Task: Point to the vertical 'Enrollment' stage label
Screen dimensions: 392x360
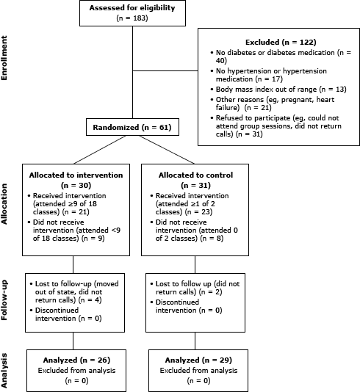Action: tap(6, 70)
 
